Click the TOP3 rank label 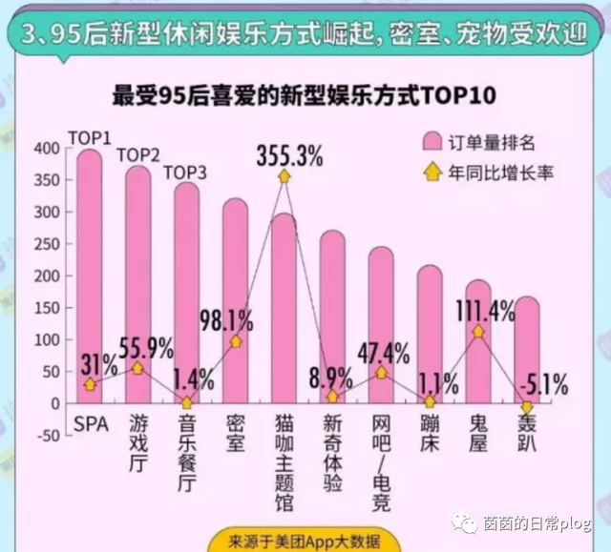tap(187, 172)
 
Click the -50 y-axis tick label tap(45, 435)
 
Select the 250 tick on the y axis tap(45, 244)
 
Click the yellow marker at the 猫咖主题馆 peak tap(284, 177)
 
